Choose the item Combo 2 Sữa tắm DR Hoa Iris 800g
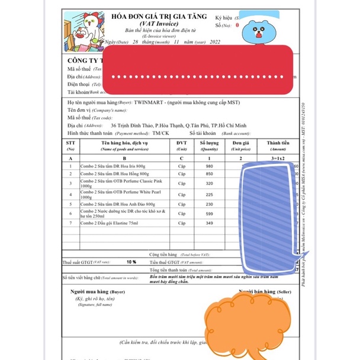point(112,166)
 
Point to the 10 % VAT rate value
point(131,262)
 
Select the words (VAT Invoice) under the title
point(156,23)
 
